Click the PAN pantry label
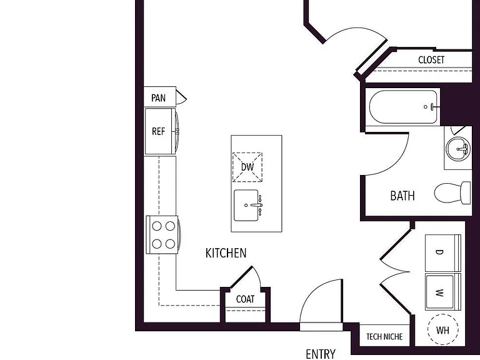pos(158,98)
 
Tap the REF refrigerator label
pos(158,131)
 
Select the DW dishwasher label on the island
pos(247,167)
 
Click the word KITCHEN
pos(226,253)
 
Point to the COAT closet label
pos(245,299)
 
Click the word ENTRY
pos(321,354)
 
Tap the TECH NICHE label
pos(384,337)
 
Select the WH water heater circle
pos(442,330)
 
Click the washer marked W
pos(443,292)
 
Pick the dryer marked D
pos(443,253)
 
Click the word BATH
pos(402,196)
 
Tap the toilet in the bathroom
pos(452,193)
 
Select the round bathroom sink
pos(458,149)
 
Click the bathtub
pos(404,107)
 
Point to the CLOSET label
pos(431,60)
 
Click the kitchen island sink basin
pos(246,205)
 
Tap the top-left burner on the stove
pos(157,226)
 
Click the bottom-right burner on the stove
pos(170,244)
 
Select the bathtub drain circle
pos(426,107)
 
